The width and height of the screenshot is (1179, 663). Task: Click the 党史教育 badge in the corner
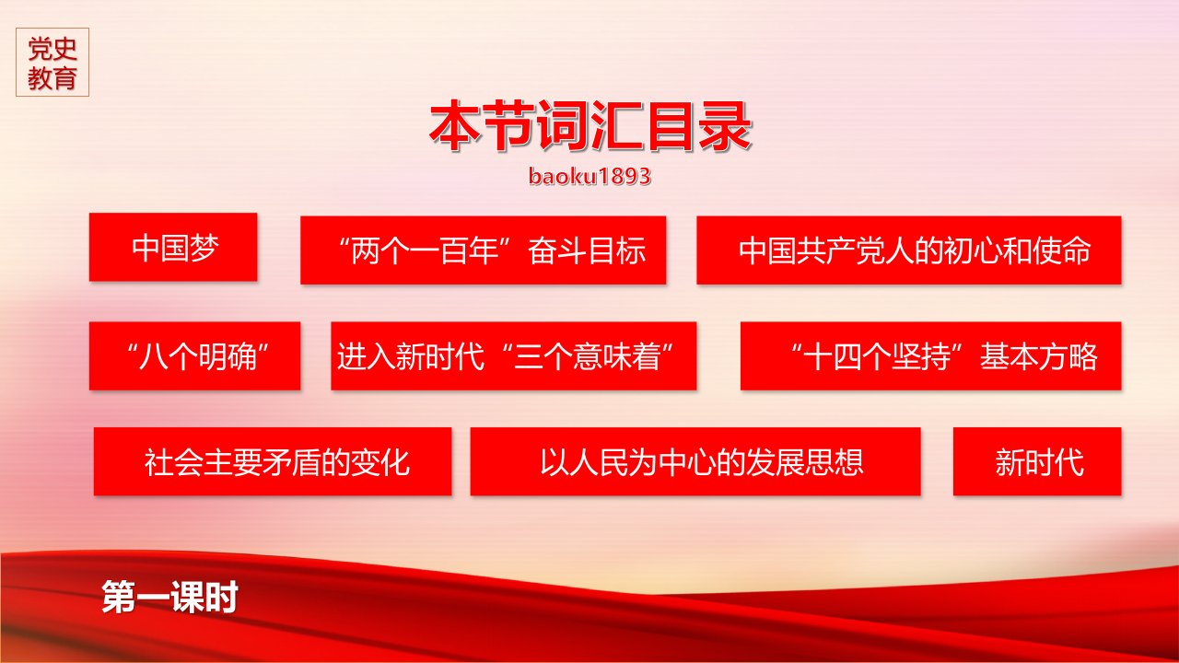[x=53, y=62]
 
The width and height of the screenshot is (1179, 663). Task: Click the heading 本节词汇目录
[x=590, y=126]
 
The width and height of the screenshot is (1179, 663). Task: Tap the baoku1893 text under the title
[x=589, y=176]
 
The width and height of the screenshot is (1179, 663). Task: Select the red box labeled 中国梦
[x=173, y=247]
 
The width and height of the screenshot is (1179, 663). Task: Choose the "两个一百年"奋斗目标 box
[x=484, y=250]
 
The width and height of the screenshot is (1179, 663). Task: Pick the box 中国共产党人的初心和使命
[x=909, y=250]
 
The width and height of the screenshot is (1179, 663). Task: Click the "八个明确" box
[x=194, y=355]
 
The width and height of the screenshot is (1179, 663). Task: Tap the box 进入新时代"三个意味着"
[x=514, y=355]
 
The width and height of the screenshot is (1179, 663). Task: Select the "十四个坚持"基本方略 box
[x=931, y=355]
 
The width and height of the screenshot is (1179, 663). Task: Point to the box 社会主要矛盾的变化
[x=273, y=461]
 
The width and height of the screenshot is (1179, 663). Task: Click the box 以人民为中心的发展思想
[x=695, y=461]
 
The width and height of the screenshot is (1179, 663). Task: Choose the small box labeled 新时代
[x=1037, y=461]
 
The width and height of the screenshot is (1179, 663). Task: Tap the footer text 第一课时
[x=170, y=598]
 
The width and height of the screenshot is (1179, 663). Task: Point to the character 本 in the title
[x=455, y=126]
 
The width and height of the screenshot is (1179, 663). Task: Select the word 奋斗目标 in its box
[x=587, y=250]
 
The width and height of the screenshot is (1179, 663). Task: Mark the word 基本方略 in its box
[x=1038, y=356]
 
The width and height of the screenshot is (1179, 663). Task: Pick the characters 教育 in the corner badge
[x=53, y=78]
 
